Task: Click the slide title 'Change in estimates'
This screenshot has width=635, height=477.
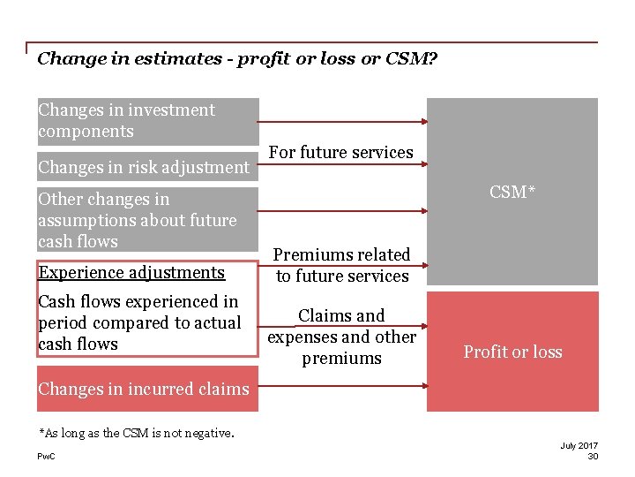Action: (237, 59)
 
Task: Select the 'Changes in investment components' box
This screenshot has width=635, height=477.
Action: (147, 121)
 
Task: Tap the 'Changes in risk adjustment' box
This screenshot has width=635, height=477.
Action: (144, 167)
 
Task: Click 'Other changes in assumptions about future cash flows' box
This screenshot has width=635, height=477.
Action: (147, 220)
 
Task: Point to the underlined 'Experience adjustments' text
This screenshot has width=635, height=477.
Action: (131, 273)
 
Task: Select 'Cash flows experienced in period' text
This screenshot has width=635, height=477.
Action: (139, 322)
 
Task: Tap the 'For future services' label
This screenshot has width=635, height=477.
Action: (340, 152)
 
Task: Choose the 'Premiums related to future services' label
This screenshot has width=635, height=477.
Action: (342, 265)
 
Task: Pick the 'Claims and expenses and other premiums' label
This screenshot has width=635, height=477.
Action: (341, 337)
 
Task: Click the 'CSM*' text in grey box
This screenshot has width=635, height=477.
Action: (512, 193)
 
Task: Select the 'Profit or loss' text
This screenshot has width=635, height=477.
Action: (512, 352)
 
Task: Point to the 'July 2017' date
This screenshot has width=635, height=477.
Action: (579, 445)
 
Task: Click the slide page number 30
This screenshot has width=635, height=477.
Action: (592, 456)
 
